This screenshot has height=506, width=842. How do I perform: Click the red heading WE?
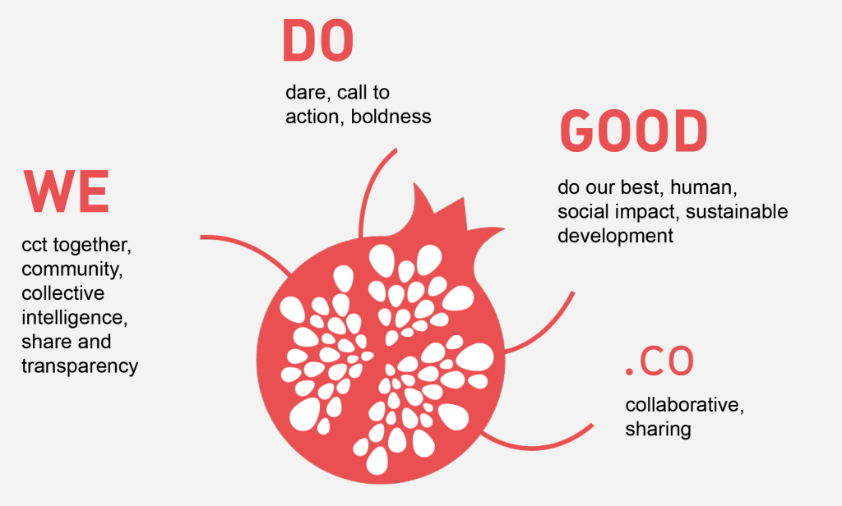pos(67,191)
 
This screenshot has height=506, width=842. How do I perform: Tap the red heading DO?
pos(318,41)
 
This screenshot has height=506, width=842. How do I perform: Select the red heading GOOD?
pos(634,131)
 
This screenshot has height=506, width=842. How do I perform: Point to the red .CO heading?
pos(660,361)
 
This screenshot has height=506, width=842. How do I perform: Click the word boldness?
pos(391,117)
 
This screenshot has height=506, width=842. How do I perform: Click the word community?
pos(72,269)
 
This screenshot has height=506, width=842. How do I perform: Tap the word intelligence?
pos(75,318)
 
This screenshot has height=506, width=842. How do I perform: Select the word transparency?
pos(80,366)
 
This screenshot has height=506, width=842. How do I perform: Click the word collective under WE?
pos(63,293)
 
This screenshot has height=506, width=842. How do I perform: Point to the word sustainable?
pos(737,211)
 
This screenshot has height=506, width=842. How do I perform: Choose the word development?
pos(615,236)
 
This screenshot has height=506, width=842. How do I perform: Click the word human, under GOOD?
pos(704,187)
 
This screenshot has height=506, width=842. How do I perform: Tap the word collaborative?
pos(685,405)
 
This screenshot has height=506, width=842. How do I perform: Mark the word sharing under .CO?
pos(658,430)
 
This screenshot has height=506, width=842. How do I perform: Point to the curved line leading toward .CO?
pos(537,446)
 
